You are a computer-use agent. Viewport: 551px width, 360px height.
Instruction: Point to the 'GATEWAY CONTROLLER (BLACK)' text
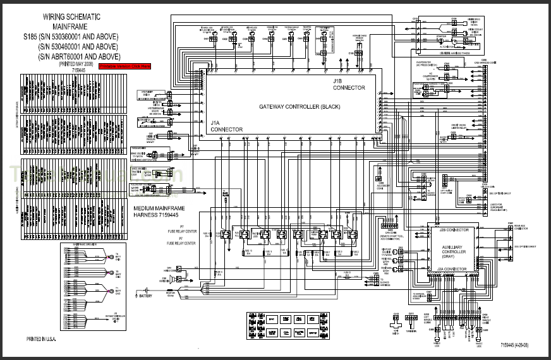(x=300, y=106)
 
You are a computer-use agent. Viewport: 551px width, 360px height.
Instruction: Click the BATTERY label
(x=150, y=295)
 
